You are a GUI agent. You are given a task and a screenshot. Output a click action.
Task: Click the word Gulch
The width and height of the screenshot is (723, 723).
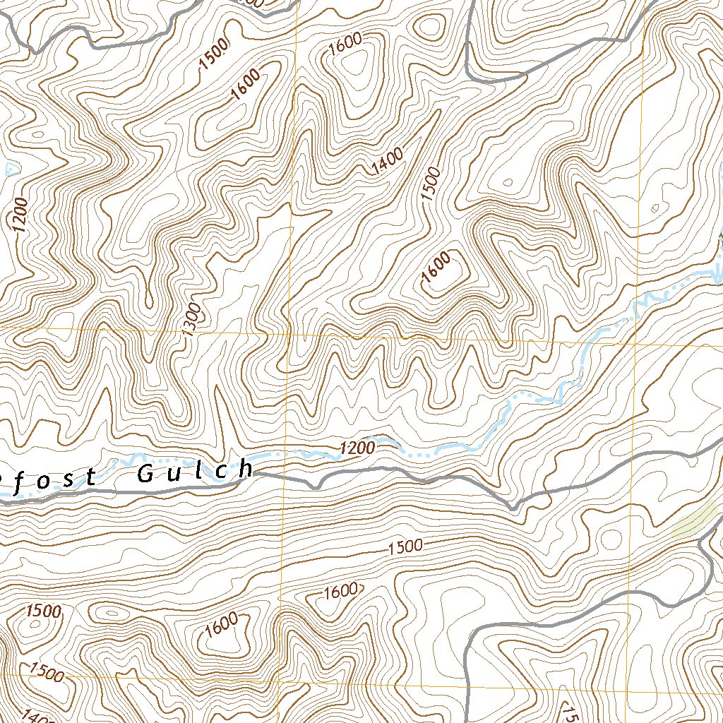(x=194, y=472)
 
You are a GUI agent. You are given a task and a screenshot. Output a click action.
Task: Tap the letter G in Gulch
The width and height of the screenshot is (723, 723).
(x=145, y=474)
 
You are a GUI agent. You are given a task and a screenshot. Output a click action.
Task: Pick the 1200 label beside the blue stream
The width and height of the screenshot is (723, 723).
(x=357, y=448)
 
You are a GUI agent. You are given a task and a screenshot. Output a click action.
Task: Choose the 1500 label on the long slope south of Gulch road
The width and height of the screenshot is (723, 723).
(x=405, y=546)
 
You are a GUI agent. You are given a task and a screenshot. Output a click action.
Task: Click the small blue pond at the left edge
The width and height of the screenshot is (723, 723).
(x=10, y=169)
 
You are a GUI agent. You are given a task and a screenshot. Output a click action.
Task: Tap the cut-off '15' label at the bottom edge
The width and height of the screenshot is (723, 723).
(x=570, y=713)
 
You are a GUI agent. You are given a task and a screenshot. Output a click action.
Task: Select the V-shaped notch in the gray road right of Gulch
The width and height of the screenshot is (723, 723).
(x=316, y=486)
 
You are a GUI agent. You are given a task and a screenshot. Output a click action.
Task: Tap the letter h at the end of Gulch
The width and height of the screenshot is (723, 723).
(x=244, y=469)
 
